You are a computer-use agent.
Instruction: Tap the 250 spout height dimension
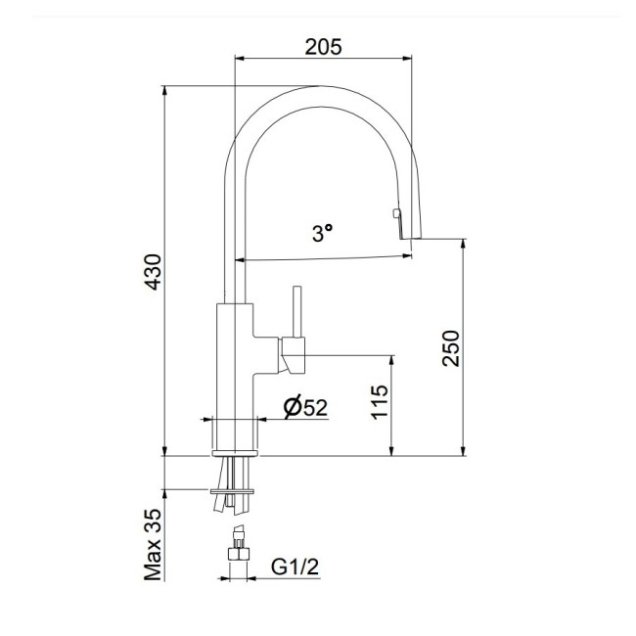[x=450, y=347]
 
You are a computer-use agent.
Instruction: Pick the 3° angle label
[x=322, y=233]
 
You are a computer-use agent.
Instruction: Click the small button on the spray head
[x=394, y=214]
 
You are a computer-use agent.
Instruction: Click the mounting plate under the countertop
[x=234, y=488]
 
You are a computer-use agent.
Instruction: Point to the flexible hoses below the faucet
[x=233, y=503]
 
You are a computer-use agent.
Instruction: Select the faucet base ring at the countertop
[x=235, y=454]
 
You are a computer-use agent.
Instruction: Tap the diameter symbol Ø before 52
[x=292, y=408]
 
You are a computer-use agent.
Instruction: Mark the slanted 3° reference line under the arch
[x=323, y=257]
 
